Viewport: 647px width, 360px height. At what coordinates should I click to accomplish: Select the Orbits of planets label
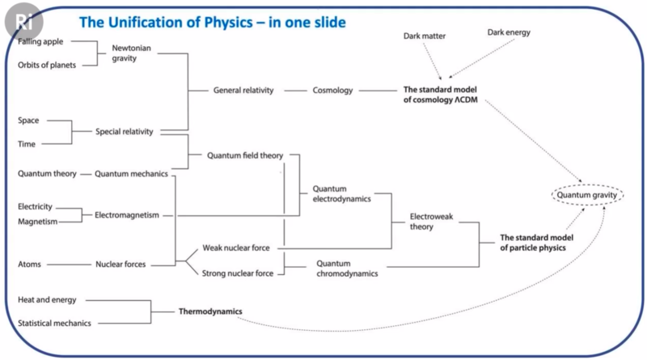47,66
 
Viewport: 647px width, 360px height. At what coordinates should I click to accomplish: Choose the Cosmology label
333,91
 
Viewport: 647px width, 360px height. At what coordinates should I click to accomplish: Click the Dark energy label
509,32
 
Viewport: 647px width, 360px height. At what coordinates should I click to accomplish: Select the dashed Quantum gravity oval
588,194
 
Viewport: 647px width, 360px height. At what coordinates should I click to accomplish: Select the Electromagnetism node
127,215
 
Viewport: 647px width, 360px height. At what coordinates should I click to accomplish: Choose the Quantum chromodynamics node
347,269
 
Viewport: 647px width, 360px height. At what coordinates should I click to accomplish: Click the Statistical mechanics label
54,324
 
